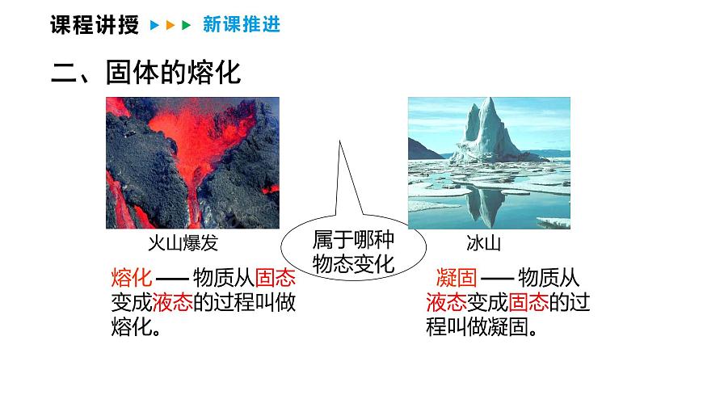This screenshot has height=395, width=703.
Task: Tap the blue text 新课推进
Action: [x=242, y=25]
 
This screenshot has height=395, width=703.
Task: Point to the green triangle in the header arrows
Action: [x=186, y=26]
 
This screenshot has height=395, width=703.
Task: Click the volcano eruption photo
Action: [x=192, y=162]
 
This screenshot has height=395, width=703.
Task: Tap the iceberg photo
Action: [x=489, y=162]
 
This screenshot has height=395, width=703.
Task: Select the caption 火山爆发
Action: [x=183, y=242]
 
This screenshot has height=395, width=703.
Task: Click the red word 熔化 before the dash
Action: [x=130, y=279]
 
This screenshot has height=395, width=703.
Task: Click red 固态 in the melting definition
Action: [x=275, y=279]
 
